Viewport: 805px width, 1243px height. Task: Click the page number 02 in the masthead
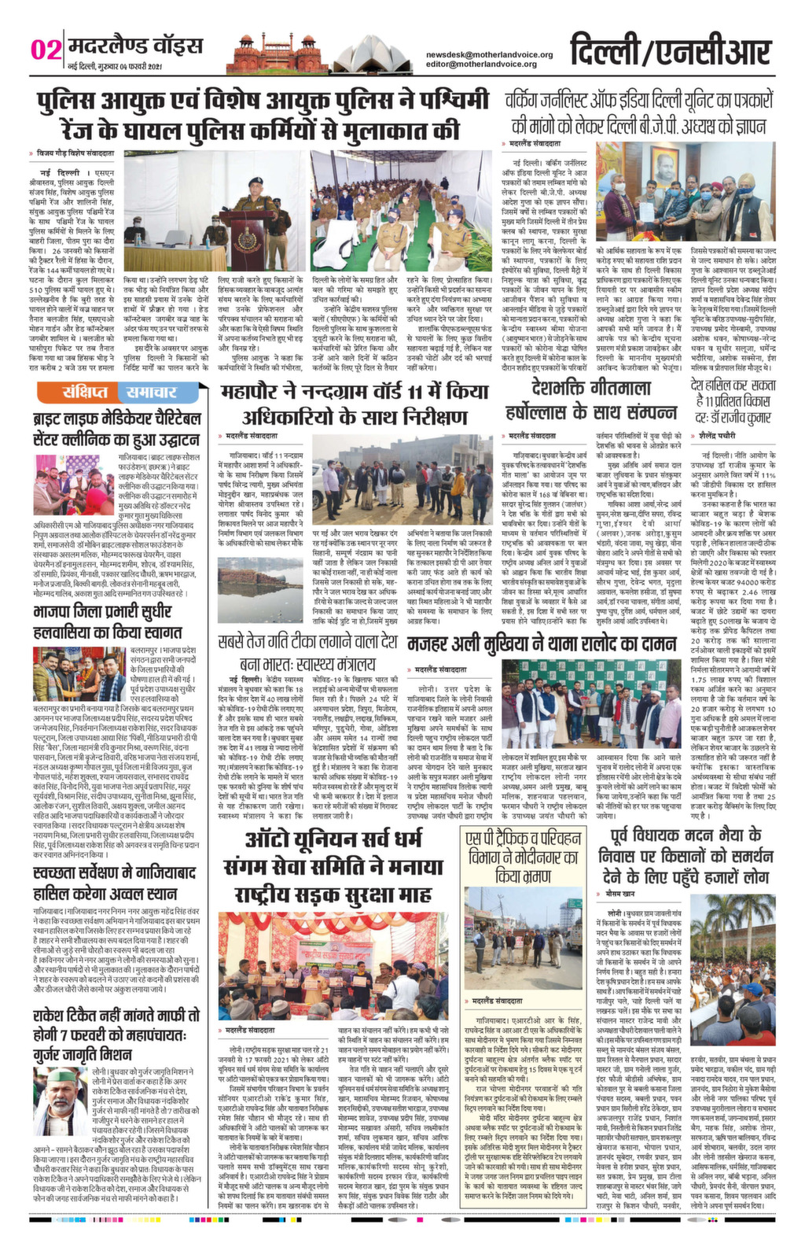pos(46,50)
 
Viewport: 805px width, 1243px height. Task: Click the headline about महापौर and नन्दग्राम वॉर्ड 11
pos(355,403)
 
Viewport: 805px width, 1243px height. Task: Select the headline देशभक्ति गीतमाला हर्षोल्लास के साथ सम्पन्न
pos(592,400)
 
